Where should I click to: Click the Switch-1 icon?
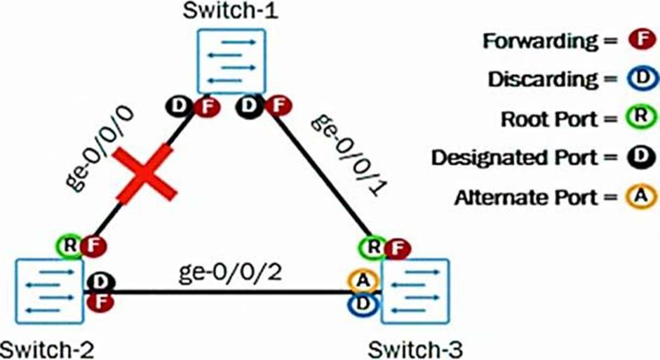click(231, 61)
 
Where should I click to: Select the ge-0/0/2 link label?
click(230, 271)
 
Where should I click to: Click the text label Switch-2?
click(47, 348)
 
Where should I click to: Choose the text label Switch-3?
click(414, 348)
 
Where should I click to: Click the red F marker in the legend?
click(640, 41)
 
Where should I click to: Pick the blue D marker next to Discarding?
click(640, 79)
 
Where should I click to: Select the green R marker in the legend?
click(640, 119)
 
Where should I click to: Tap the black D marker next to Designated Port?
click(640, 158)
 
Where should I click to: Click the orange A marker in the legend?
click(640, 197)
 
